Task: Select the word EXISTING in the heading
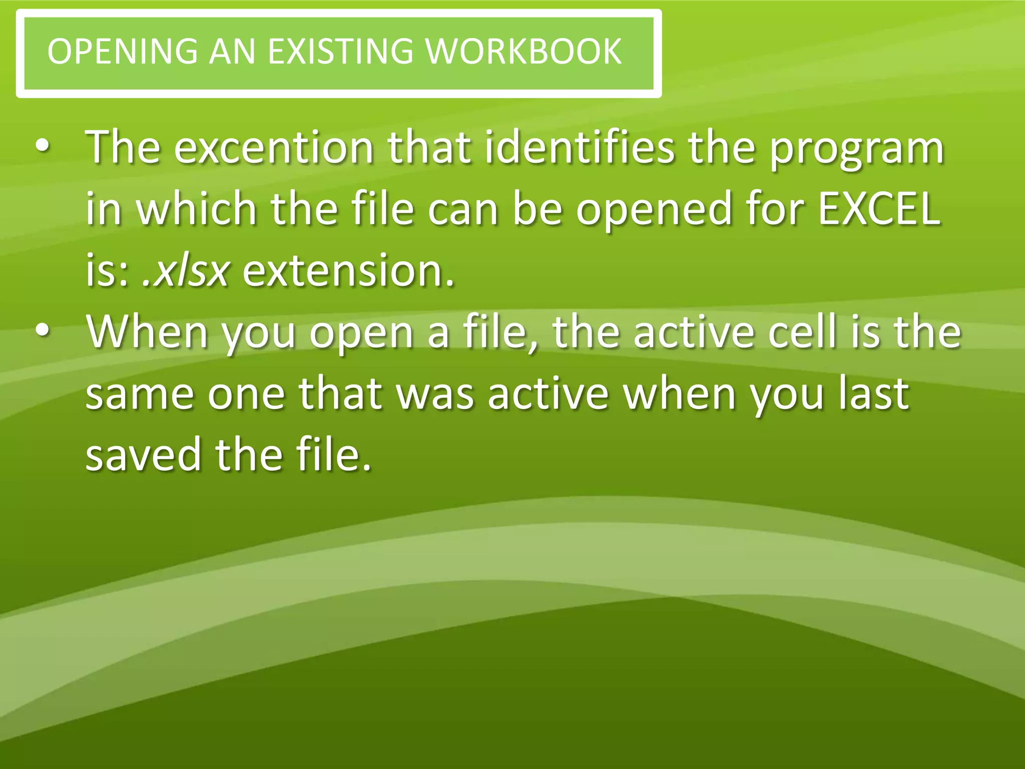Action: (x=340, y=52)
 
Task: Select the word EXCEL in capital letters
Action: (x=879, y=209)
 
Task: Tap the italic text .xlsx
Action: (x=186, y=271)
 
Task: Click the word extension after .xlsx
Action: (x=348, y=271)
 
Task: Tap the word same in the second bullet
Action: (x=139, y=395)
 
